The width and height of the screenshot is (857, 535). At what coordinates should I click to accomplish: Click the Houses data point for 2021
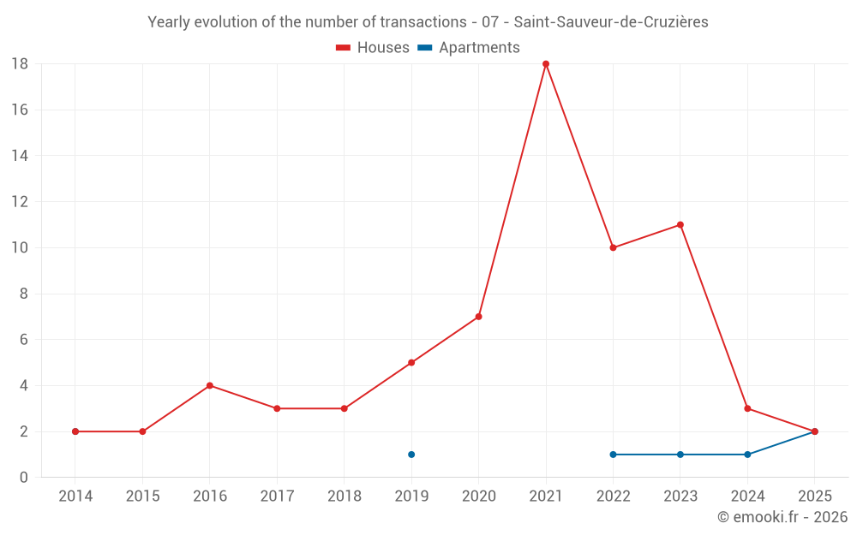tap(545, 64)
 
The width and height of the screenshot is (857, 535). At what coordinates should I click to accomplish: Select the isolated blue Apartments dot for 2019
tap(411, 455)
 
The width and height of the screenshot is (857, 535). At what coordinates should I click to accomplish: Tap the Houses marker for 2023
tap(680, 225)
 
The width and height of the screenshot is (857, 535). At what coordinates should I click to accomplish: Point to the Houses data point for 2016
tap(210, 386)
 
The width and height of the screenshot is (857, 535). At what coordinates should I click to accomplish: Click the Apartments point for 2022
tap(613, 455)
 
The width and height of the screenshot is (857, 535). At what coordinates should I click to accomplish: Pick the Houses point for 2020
tap(479, 317)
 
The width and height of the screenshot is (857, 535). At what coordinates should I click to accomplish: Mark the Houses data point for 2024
tap(747, 409)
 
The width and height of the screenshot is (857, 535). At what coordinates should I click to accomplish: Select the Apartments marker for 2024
tap(747, 455)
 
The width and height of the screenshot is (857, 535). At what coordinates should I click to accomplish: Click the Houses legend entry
tap(373, 47)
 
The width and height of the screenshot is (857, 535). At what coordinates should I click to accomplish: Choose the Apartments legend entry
tap(469, 47)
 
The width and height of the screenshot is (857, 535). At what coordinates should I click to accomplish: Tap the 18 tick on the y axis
tap(20, 64)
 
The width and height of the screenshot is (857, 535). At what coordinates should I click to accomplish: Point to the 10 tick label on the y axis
tap(20, 248)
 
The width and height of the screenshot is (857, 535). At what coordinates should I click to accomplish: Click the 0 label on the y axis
tap(23, 478)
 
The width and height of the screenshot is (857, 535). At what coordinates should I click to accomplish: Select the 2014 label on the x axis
tap(75, 496)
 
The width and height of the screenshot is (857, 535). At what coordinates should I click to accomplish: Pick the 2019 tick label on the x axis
tap(411, 496)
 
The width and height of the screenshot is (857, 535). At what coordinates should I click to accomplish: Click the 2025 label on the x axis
tap(814, 496)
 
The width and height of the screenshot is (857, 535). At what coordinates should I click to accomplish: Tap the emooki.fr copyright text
tap(782, 516)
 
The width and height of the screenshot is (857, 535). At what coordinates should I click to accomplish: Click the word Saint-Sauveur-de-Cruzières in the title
tap(611, 22)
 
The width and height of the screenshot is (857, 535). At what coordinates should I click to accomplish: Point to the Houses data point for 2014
tap(75, 431)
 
